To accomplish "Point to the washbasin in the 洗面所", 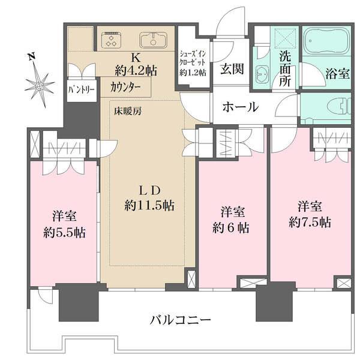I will point(263,74).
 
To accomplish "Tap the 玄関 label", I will point(231,68).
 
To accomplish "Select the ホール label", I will point(240,107).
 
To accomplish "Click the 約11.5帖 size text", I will point(149,205).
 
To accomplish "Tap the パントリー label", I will point(77,90).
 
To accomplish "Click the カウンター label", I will point(126,86).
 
